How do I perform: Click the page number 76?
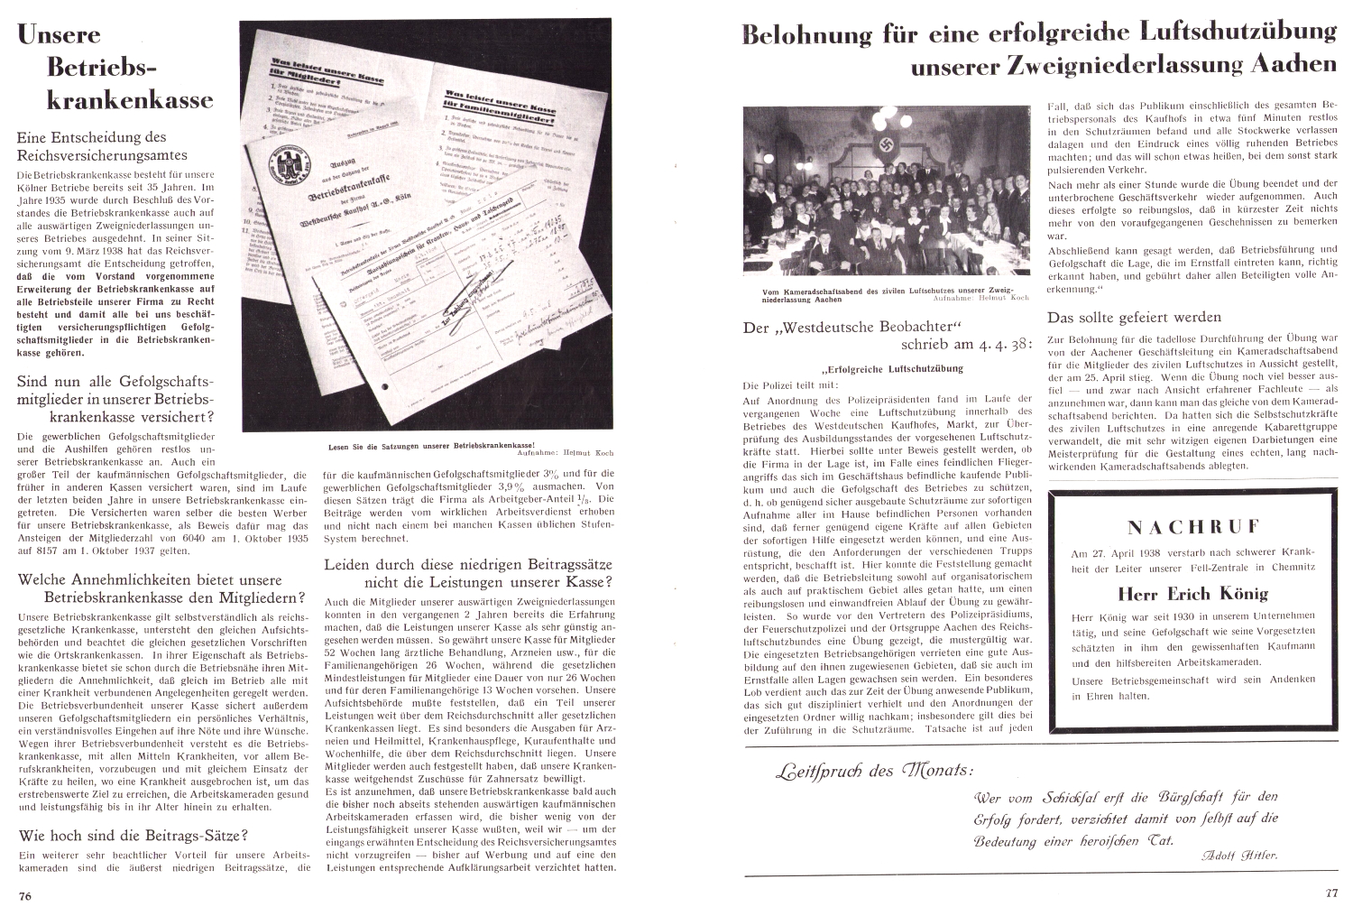25,894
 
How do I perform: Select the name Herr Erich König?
1192,593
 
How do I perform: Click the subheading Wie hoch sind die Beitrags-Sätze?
133,834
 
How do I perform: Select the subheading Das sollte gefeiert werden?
1134,317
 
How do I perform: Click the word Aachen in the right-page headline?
1292,65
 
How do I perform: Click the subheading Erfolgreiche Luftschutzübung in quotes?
892,368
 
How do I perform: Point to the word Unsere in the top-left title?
59,35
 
